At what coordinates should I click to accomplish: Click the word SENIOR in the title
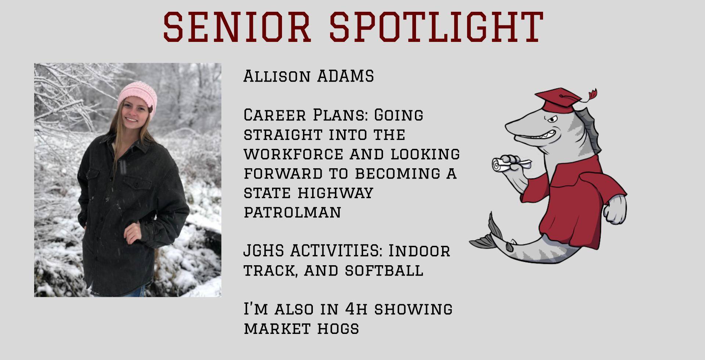237,26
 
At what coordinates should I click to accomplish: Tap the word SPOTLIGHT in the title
436,26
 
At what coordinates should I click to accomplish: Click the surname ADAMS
346,76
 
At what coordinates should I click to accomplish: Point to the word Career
275,115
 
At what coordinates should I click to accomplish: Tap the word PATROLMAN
292,212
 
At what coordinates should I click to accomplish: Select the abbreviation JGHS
263,251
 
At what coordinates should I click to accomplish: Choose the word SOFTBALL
384,271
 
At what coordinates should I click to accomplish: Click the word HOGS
338,329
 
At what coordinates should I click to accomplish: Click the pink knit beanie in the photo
137,97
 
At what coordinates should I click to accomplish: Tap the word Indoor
419,251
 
